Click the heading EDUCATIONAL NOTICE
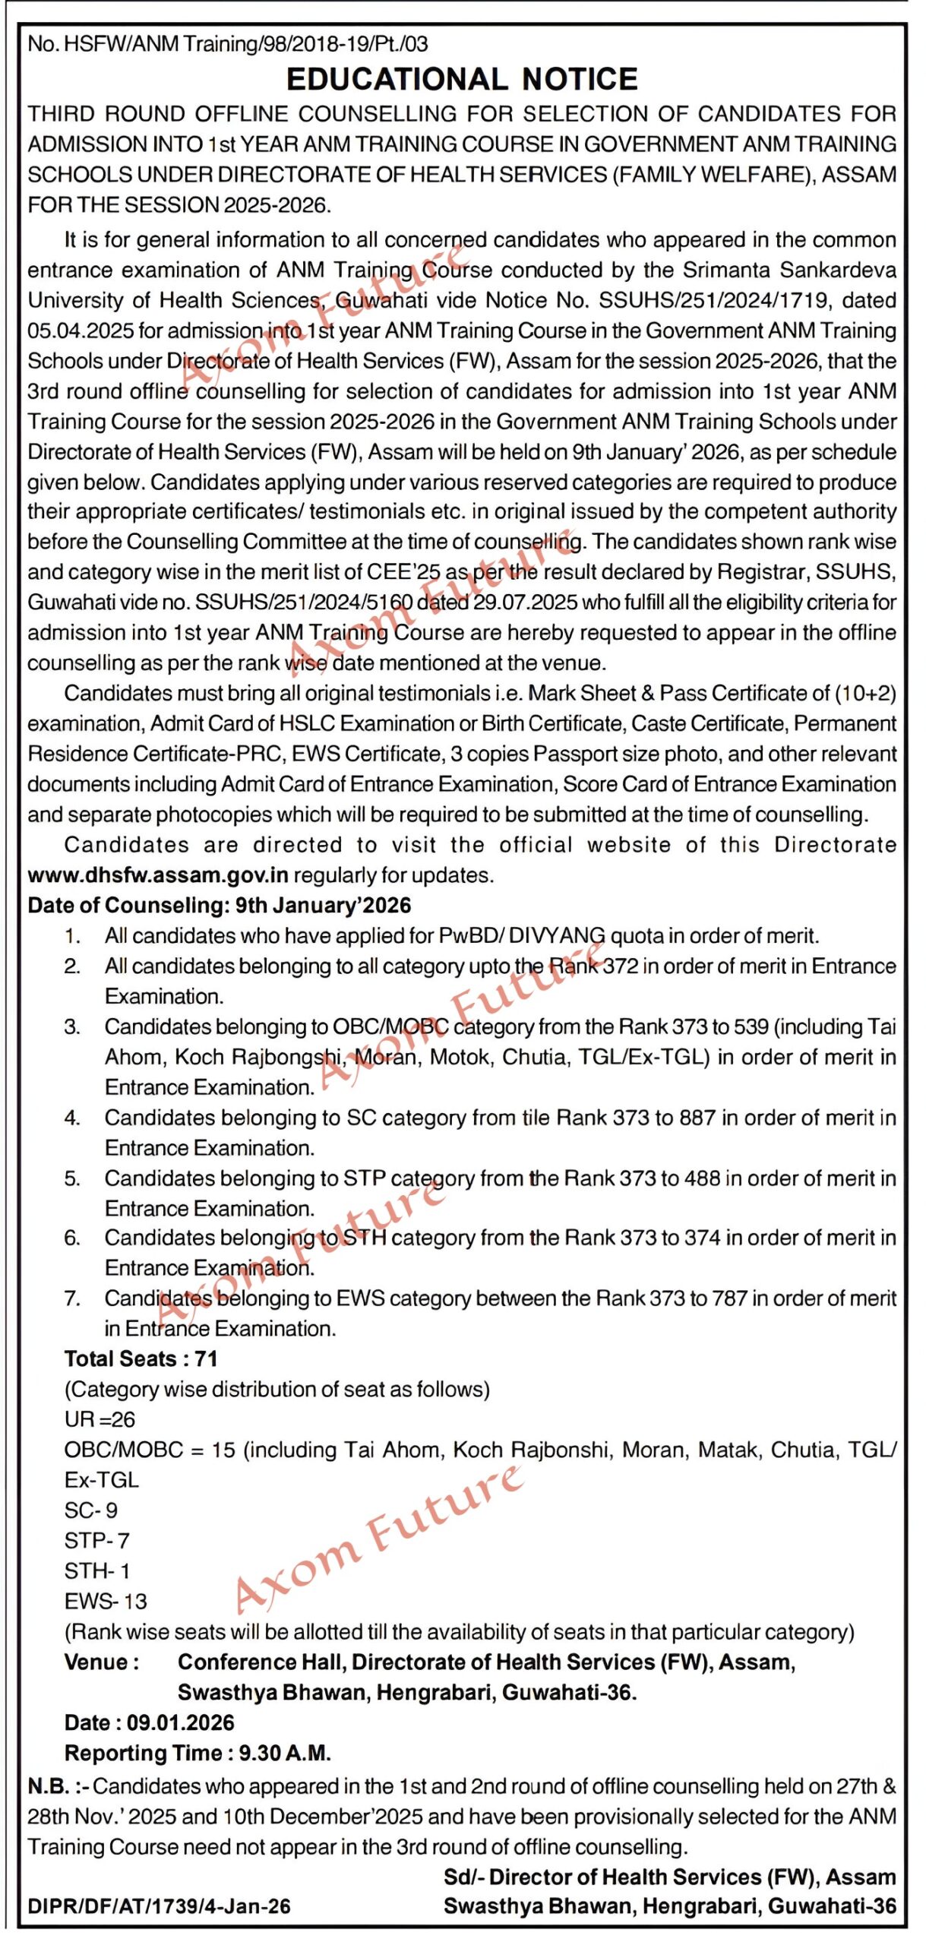click(462, 79)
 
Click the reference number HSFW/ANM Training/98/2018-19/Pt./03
click(245, 44)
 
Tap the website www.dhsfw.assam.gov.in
click(158, 875)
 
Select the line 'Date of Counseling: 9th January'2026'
click(220, 906)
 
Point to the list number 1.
click(72, 936)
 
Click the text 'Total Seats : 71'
click(141, 1358)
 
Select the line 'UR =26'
click(100, 1419)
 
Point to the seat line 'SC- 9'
click(91, 1510)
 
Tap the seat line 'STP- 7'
click(97, 1541)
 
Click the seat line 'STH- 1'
click(97, 1571)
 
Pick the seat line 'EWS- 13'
click(106, 1602)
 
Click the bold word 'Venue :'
click(102, 1662)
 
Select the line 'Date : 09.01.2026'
click(150, 1723)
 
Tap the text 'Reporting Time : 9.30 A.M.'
click(198, 1754)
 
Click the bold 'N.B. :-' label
click(58, 1786)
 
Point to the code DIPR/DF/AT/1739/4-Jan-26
click(159, 1906)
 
